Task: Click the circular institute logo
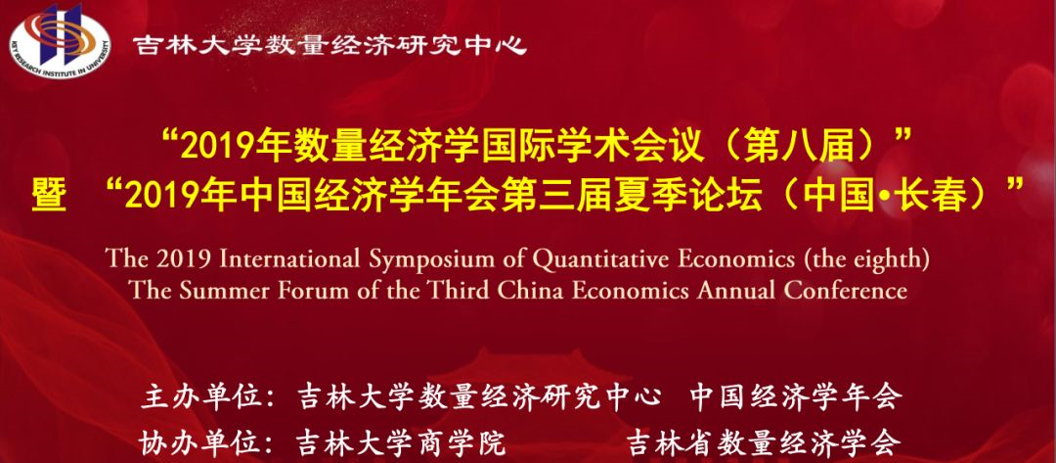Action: pos(60,40)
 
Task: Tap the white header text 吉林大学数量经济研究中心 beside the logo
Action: pos(330,45)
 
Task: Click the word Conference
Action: pos(845,291)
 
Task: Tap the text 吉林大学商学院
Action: pos(401,442)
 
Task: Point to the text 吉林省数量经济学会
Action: pos(764,442)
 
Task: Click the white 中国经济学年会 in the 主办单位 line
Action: pos(796,397)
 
